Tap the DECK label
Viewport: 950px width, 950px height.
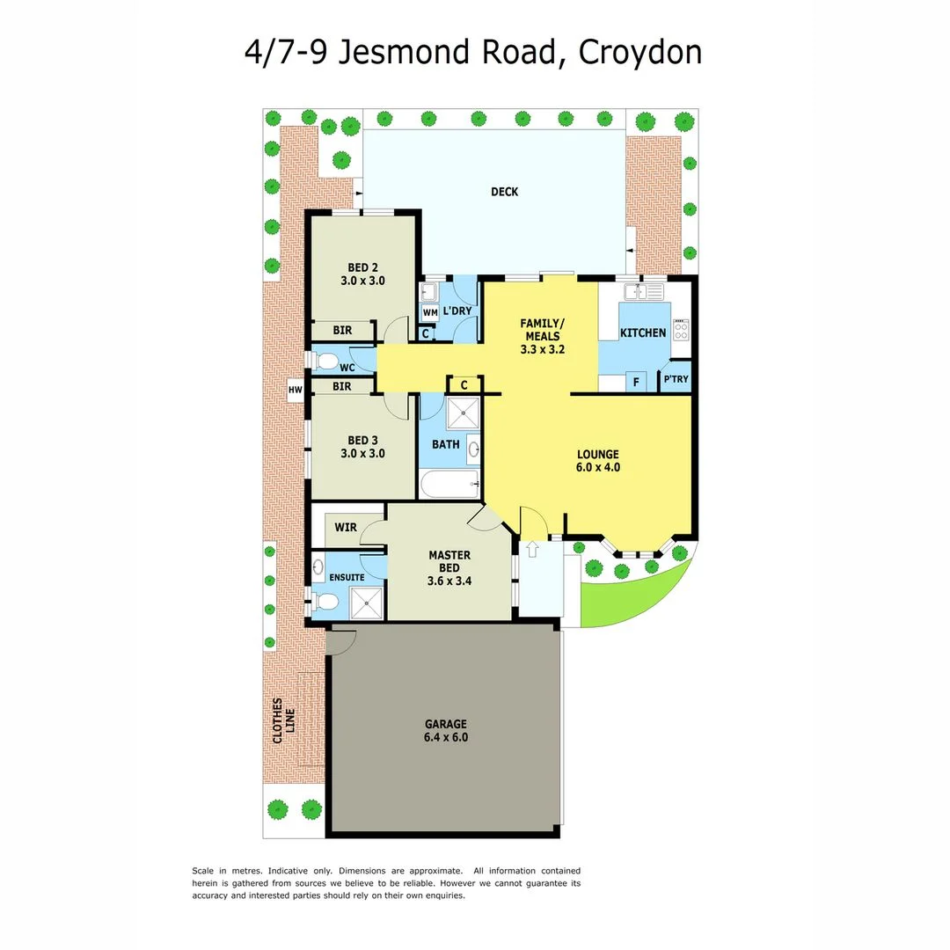504,192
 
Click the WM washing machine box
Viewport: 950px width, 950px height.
430,312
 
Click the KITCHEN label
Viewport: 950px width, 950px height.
643,332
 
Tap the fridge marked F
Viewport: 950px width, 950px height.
635,383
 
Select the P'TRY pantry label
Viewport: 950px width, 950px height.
676,380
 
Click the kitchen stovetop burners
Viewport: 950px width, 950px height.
682,330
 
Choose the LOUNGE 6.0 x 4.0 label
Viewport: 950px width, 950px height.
598,461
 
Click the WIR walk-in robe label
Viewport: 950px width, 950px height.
346,528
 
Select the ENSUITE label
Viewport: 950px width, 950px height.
347,577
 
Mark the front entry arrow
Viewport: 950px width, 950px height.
531,549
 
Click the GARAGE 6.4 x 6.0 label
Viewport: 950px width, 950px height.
447,730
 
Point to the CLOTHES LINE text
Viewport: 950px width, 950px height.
282,721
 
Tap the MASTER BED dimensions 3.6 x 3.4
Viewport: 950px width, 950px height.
449,581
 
